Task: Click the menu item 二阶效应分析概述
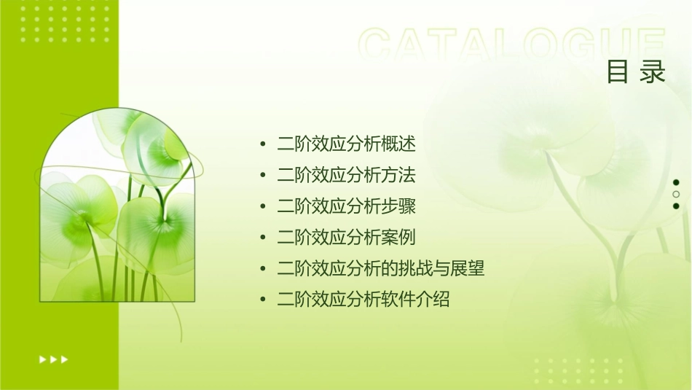[x=347, y=144]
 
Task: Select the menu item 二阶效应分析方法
[x=347, y=175]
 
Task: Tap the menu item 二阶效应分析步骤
[x=347, y=206]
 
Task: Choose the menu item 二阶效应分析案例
[x=347, y=237]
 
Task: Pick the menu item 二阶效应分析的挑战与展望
[x=381, y=268]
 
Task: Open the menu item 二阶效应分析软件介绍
[x=363, y=299]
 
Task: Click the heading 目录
[x=637, y=71]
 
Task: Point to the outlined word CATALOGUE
[x=512, y=44]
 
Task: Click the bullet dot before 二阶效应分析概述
[x=262, y=144]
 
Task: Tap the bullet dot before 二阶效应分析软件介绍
[x=262, y=299]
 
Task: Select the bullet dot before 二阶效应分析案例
[x=262, y=237]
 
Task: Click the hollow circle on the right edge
[x=676, y=195]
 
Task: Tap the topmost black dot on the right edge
[x=676, y=182]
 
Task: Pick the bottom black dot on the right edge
[x=676, y=206]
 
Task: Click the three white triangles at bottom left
[x=53, y=359]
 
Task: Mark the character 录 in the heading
[x=654, y=71]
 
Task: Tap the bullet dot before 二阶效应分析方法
[x=262, y=175]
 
